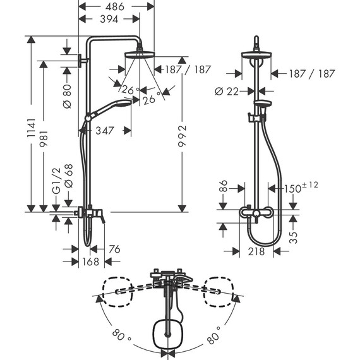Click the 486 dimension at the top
pos(116,6)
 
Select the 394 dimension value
pos(112,19)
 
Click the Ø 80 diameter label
pos(68,94)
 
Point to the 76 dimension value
pos(114,249)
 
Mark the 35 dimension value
pos(293,237)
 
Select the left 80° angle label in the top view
pos(117,335)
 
